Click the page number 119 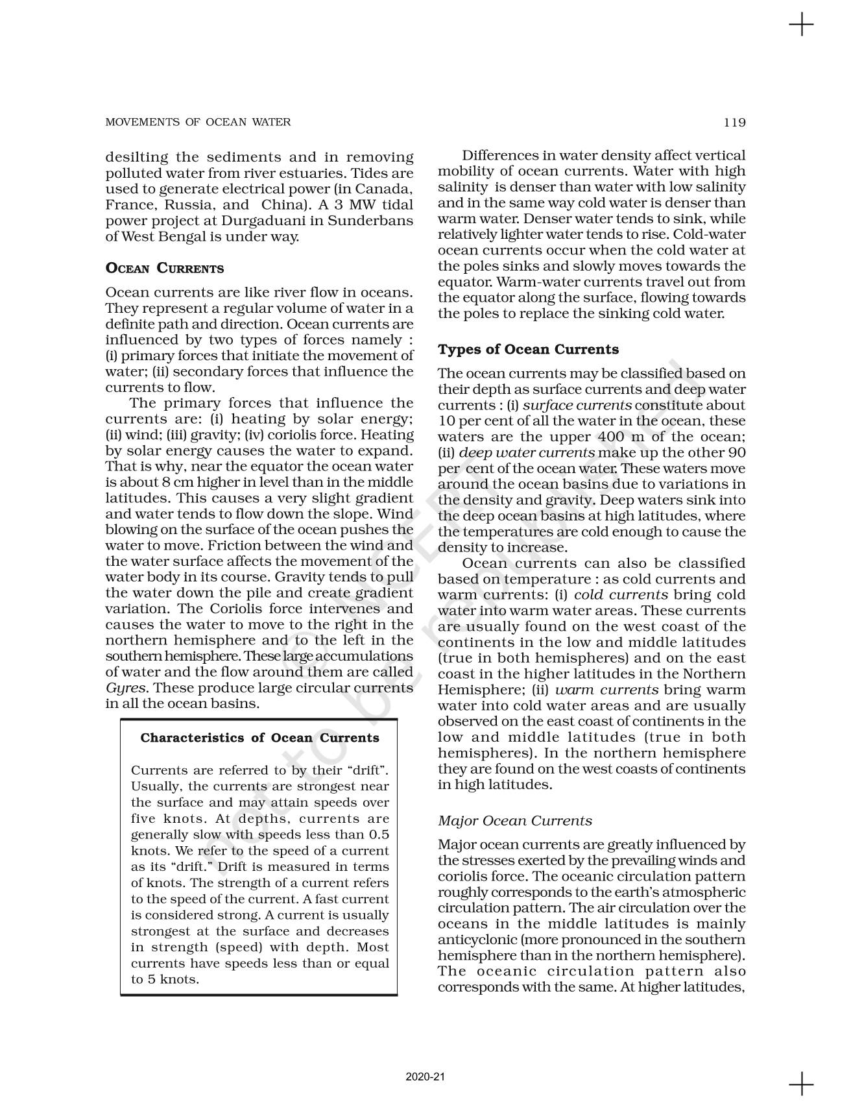pyautogui.click(x=735, y=122)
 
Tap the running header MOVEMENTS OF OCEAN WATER pyautogui.click(x=198, y=122)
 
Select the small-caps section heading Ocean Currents pyautogui.click(x=164, y=269)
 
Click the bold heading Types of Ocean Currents pyautogui.click(x=528, y=350)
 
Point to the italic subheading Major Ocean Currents pyautogui.click(x=514, y=821)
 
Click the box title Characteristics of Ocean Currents pyautogui.click(x=259, y=738)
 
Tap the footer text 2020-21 pyautogui.click(x=425, y=1077)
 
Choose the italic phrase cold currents pyautogui.click(x=621, y=594)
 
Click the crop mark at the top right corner pyautogui.click(x=801, y=25)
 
